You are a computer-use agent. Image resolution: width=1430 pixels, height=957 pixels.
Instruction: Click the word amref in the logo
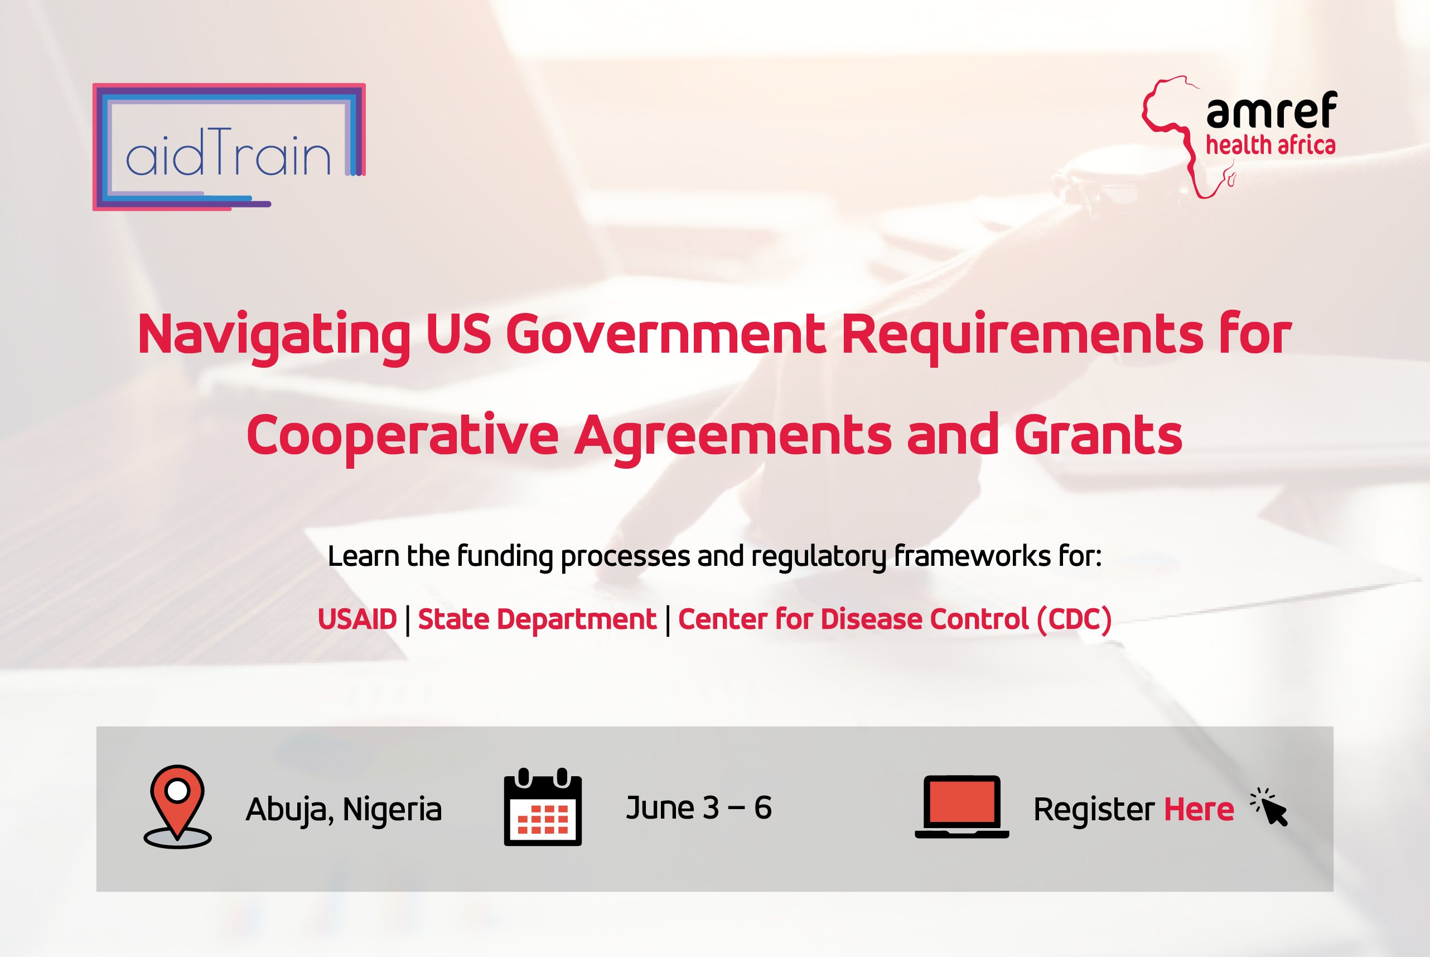[1272, 111]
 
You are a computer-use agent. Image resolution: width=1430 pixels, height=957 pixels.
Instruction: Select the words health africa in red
[1270, 146]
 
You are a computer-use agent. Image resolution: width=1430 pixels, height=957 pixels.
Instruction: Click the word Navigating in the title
[274, 334]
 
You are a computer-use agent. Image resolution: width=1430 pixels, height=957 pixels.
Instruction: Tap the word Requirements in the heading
[1022, 334]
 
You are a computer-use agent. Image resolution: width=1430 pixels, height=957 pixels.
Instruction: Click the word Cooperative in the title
[402, 435]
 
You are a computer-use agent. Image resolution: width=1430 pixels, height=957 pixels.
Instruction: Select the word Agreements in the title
[732, 435]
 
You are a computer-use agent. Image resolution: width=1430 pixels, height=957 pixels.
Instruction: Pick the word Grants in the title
[1098, 435]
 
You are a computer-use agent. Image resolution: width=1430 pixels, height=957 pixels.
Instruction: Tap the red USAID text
[358, 619]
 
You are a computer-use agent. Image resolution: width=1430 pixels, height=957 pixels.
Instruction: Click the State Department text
[537, 619]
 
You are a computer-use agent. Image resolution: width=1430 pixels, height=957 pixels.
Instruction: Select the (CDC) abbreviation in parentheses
[1074, 619]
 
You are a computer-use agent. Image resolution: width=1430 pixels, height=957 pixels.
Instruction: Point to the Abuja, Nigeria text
[344, 809]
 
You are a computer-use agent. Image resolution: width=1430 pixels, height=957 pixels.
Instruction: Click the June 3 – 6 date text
[698, 807]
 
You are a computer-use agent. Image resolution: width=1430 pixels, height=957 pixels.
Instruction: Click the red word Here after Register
[1199, 809]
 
